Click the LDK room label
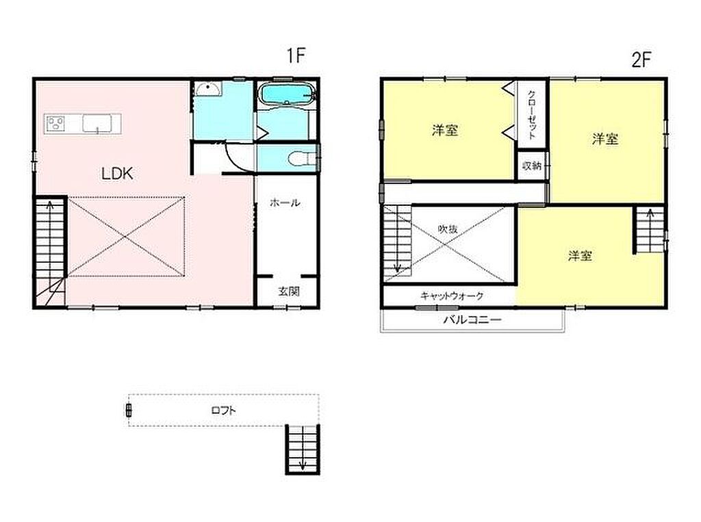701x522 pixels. [x=117, y=173]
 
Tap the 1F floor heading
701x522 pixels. [x=296, y=55]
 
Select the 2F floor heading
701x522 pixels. [x=641, y=59]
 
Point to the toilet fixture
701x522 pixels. [x=302, y=157]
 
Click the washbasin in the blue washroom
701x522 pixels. [x=208, y=89]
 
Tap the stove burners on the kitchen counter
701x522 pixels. [x=55, y=123]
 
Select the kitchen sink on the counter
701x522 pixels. [x=96, y=123]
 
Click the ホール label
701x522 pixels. [x=285, y=203]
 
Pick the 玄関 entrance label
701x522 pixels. [x=289, y=291]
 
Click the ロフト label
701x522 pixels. [x=224, y=410]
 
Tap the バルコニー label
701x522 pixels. [x=472, y=319]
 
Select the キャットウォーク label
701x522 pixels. [x=452, y=296]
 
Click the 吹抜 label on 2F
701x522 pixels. [x=448, y=229]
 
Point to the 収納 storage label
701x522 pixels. [x=531, y=166]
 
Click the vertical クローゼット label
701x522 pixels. [x=532, y=114]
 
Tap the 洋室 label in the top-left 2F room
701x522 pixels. [x=445, y=131]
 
